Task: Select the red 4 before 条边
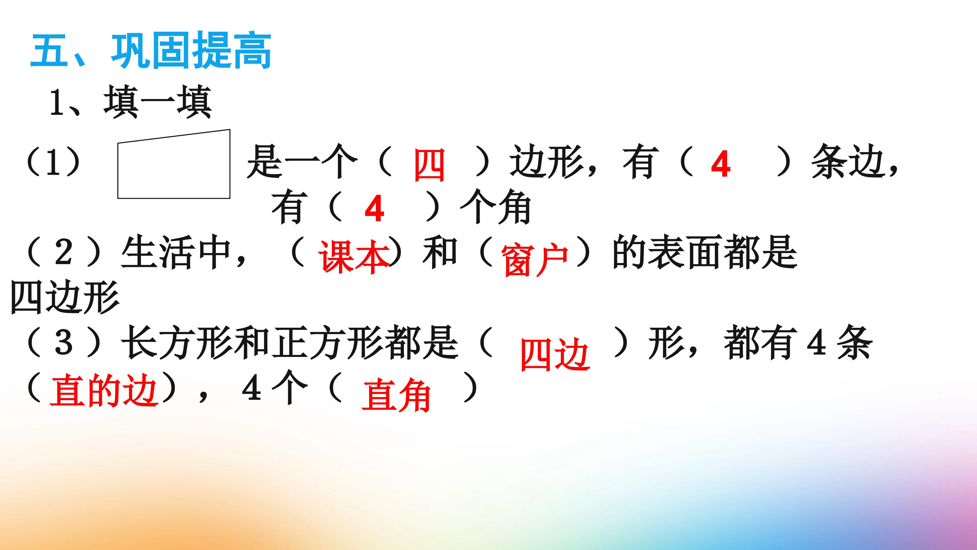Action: point(721,164)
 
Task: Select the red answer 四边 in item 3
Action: point(555,354)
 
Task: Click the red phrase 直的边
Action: point(103,391)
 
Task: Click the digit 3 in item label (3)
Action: point(63,342)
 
